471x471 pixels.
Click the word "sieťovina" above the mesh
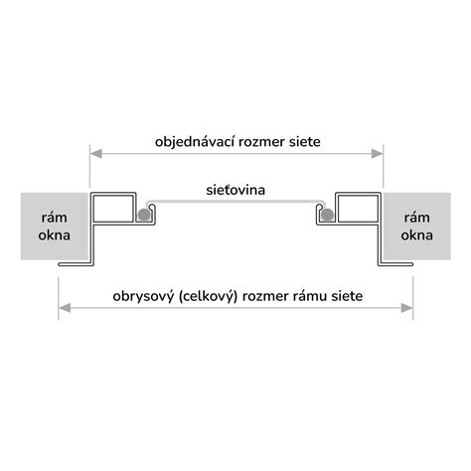pyautogui.click(x=235, y=190)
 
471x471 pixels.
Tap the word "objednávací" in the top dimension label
pyautogui.click(x=195, y=142)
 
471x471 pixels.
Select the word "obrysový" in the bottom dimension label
pyautogui.click(x=143, y=296)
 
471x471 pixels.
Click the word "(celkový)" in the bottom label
pyautogui.click(x=208, y=296)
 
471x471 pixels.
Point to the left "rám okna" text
pyautogui.click(x=54, y=227)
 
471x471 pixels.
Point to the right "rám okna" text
pyautogui.click(x=416, y=227)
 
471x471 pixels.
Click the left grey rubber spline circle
pyautogui.click(x=144, y=215)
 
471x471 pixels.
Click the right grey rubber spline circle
pyautogui.click(x=327, y=215)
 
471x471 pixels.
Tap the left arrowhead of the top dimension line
pyautogui.click(x=96, y=154)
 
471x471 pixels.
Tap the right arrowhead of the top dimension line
pyautogui.click(x=378, y=154)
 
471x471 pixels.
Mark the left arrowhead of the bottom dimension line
pyautogui.click(x=65, y=308)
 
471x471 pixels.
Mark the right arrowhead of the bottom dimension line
pyautogui.click(x=406, y=308)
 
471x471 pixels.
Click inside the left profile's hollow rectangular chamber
pyautogui.click(x=113, y=209)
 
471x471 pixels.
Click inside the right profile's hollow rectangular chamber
pyautogui.click(x=358, y=209)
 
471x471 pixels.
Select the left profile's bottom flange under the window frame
pyautogui.click(x=75, y=264)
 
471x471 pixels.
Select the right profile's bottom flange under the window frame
pyautogui.click(x=396, y=264)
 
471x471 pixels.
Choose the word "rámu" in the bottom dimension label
pyautogui.click(x=310, y=296)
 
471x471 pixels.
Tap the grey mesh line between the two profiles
pyautogui.click(x=235, y=201)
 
